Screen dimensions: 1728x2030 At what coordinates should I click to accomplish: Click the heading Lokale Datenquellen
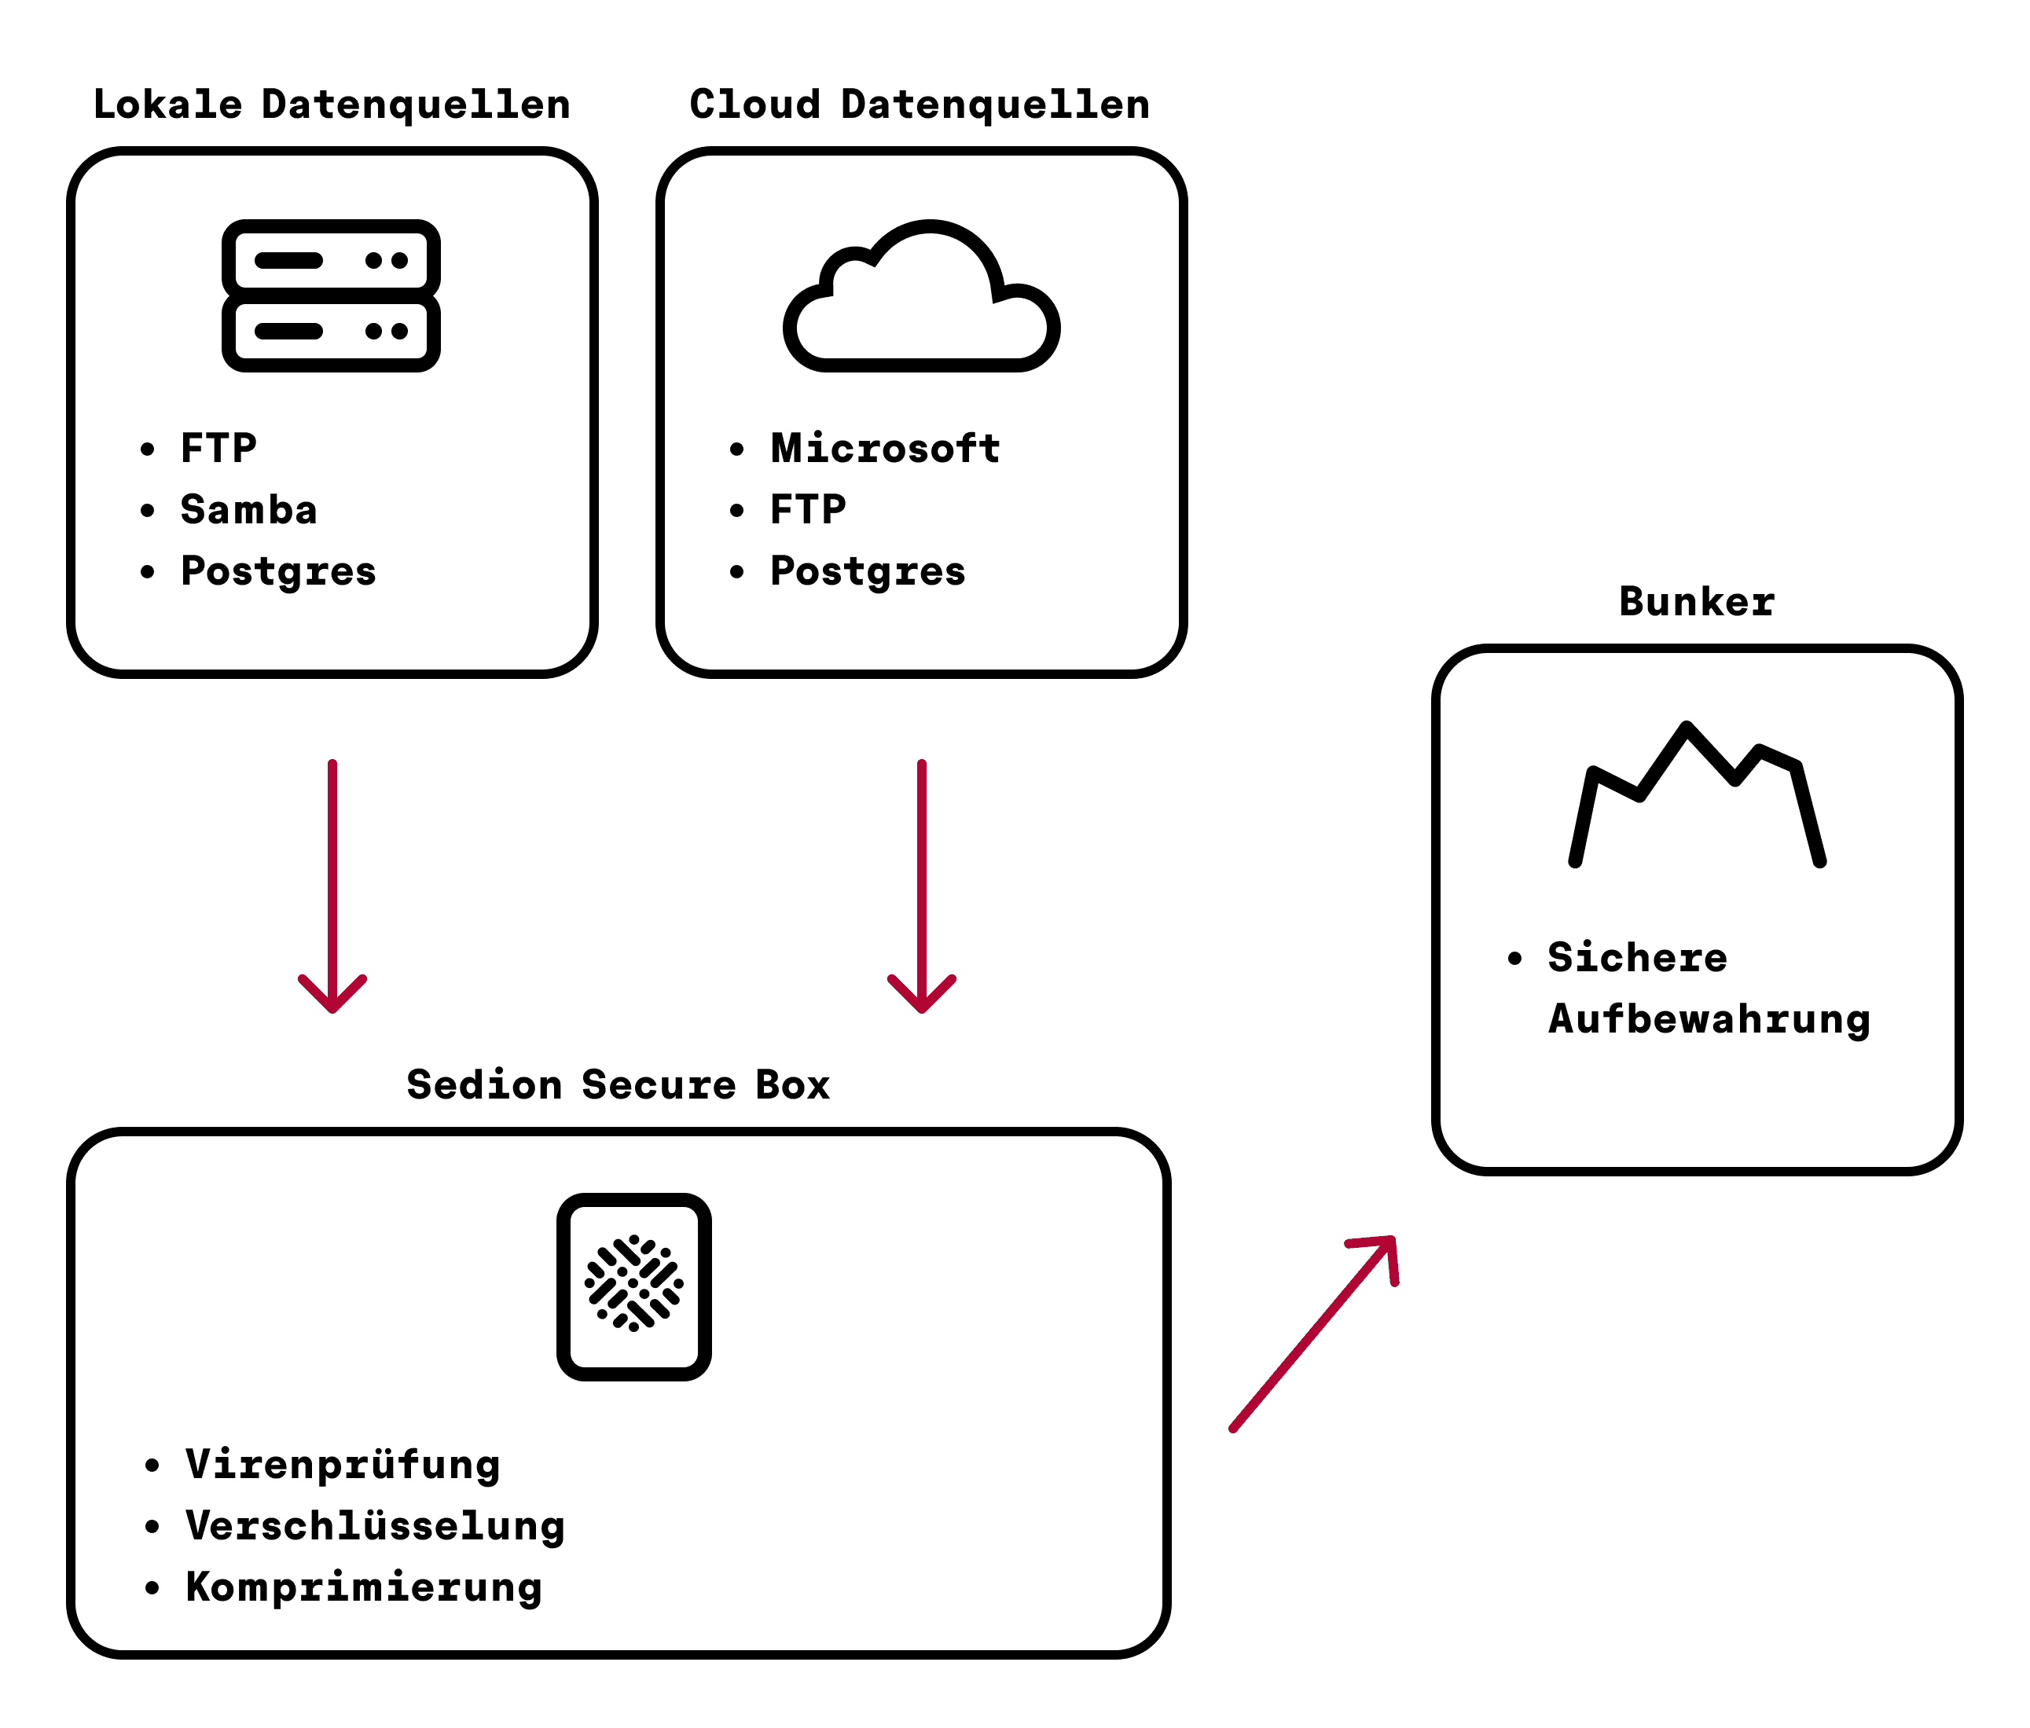(331, 105)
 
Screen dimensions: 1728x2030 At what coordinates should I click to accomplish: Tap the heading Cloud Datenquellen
(919, 105)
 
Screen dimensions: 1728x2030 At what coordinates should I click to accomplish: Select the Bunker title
(1696, 601)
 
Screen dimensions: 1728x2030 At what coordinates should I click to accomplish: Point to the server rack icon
(331, 295)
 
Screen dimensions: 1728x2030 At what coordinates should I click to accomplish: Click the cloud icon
(921, 299)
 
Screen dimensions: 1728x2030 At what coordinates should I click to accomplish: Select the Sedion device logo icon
(634, 1286)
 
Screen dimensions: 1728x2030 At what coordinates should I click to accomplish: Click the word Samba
(249, 510)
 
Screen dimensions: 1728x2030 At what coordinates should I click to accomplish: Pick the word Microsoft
(885, 449)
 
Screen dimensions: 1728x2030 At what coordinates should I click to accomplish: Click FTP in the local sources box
(218, 449)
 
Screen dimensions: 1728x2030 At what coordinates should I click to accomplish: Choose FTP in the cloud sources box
(807, 510)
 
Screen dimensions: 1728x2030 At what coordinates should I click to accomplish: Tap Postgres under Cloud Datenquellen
(867, 572)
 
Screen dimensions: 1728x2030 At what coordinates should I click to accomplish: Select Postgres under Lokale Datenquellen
(278, 572)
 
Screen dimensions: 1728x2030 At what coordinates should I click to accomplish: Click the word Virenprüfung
(342, 1466)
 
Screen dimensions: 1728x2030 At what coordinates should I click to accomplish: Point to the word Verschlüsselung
(374, 1526)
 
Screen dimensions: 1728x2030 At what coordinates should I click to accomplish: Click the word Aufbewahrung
(1709, 1018)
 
